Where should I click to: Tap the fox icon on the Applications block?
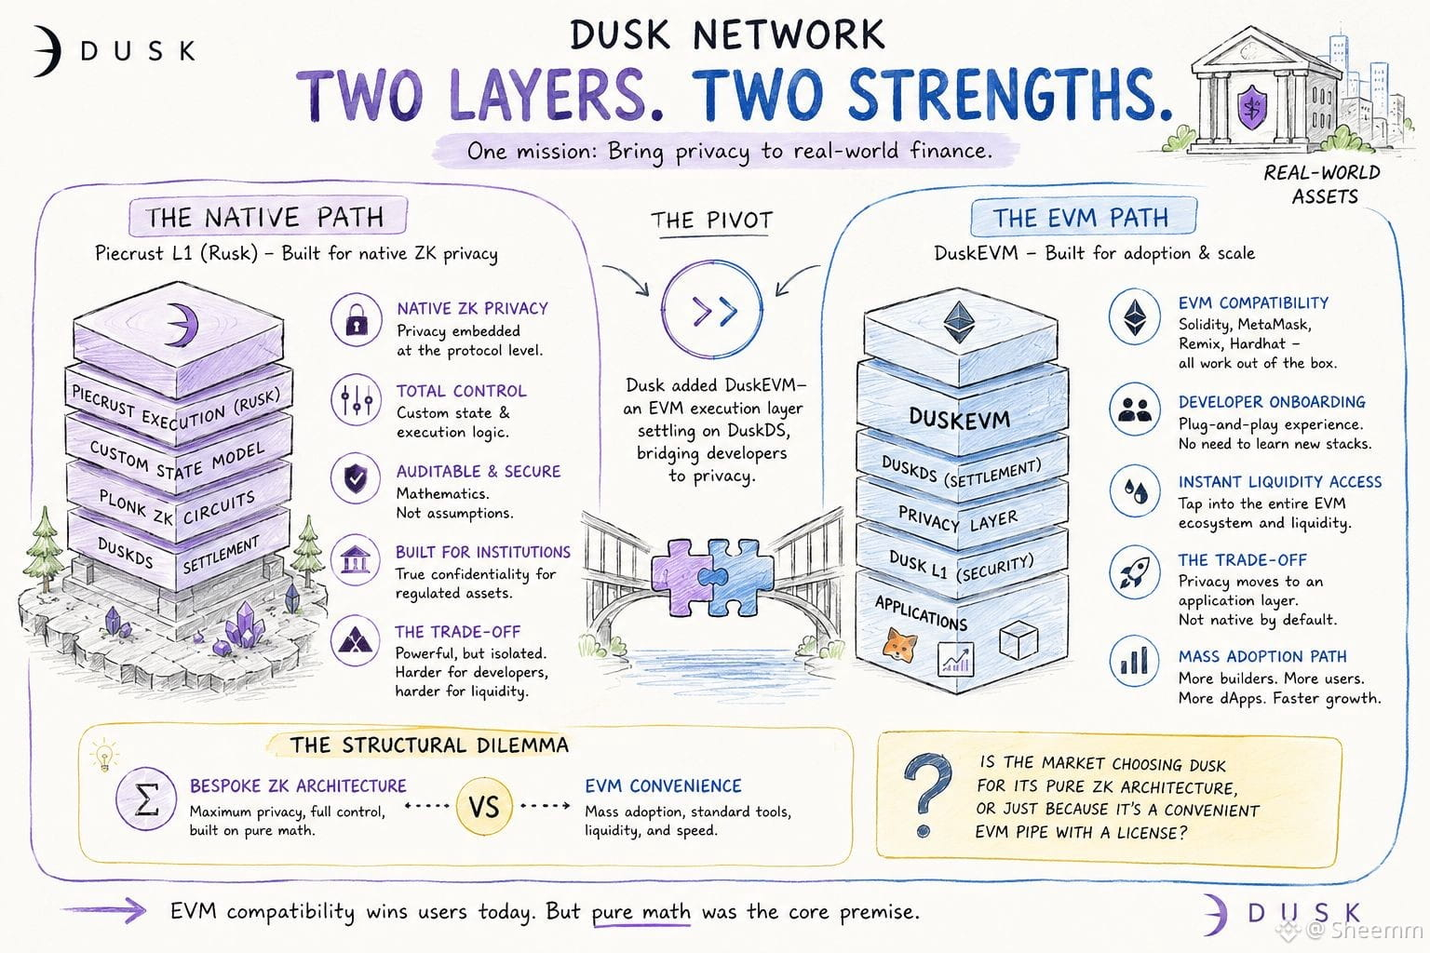point(900,645)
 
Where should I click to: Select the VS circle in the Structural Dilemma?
point(484,807)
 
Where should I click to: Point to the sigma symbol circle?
point(146,799)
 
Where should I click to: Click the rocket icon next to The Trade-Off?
point(1134,571)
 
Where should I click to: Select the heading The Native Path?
point(265,217)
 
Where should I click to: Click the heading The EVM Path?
point(1081,218)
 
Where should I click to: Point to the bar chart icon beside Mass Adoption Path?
point(1134,661)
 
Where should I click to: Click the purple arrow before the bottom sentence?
point(104,911)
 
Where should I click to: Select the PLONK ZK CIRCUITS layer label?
point(178,507)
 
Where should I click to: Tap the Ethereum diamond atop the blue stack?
point(959,322)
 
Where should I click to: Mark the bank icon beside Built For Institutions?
point(356,560)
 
